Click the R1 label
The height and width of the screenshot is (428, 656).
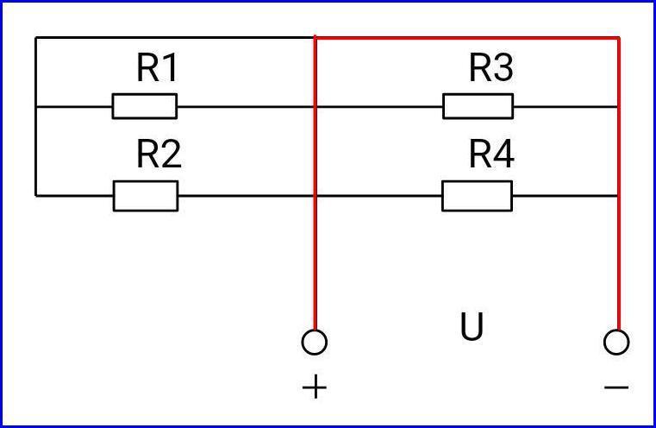[157, 68]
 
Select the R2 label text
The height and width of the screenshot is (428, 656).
[159, 154]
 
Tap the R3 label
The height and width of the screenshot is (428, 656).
[490, 68]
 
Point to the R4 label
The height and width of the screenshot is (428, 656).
[491, 154]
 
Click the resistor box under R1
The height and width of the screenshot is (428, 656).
[145, 106]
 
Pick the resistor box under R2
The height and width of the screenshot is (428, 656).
[146, 196]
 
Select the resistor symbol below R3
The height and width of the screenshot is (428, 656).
[478, 106]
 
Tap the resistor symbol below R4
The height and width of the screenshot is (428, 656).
[478, 196]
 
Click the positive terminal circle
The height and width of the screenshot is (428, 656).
[314, 343]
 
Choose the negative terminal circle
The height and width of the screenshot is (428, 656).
[616, 343]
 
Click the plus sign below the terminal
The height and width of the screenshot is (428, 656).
[314, 387]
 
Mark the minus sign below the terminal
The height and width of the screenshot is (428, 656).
[616, 387]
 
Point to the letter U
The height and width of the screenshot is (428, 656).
[472, 326]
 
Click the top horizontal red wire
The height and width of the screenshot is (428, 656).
[467, 39]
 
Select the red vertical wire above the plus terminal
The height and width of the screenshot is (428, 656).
[315, 184]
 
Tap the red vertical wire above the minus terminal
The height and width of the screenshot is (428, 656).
[618, 184]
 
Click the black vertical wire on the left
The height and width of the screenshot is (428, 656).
[36, 116]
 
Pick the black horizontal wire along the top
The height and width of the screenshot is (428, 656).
[175, 38]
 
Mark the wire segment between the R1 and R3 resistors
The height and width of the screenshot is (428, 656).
[310, 107]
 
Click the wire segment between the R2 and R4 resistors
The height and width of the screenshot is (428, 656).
[310, 196]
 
